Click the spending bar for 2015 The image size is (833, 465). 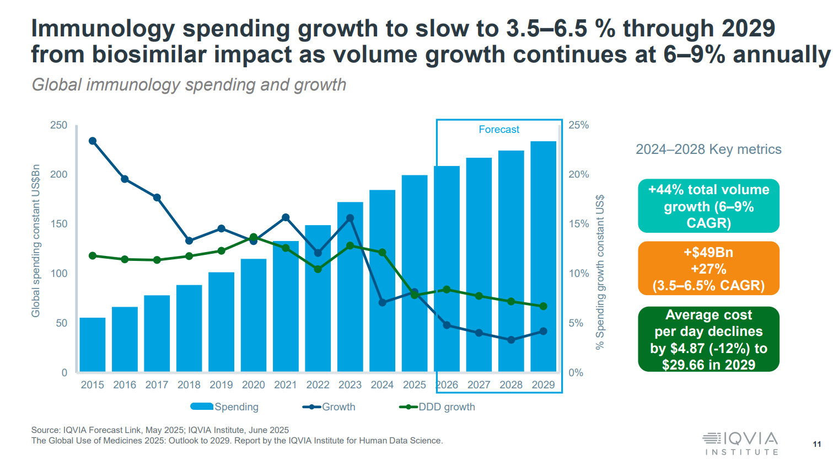(93, 345)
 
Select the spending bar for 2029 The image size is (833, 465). (543, 256)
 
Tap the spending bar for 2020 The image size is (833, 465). (254, 316)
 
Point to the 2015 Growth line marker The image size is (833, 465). (93, 141)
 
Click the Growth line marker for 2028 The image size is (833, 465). (511, 340)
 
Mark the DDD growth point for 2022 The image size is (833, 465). (318, 269)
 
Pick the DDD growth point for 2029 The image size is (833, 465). (543, 306)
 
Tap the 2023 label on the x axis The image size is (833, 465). (350, 385)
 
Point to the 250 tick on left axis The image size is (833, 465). (58, 125)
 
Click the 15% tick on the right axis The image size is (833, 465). (579, 224)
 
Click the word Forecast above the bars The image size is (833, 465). (499, 130)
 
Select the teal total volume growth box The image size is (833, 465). (708, 206)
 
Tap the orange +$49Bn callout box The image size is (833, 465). (708, 269)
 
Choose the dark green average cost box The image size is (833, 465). (708, 339)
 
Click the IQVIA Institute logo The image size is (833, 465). (740, 443)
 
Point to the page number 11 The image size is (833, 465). (816, 444)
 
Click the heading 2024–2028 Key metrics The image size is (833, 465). (708, 149)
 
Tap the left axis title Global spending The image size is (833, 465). (36, 240)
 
